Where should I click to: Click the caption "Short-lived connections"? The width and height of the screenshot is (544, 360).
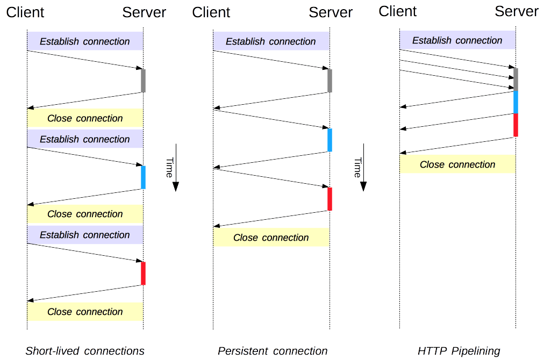click(x=85, y=351)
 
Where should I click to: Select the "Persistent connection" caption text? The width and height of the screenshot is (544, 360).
click(x=273, y=351)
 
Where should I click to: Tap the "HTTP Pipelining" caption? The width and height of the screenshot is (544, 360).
click(x=459, y=351)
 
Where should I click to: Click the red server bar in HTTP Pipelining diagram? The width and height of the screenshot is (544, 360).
click(x=516, y=125)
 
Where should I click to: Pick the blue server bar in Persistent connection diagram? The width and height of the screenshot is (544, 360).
click(x=330, y=140)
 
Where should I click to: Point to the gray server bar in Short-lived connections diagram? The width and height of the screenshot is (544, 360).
click(x=143, y=81)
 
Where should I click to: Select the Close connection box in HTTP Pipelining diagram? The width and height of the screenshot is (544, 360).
click(x=457, y=164)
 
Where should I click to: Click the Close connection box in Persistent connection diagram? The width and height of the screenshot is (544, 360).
click(x=271, y=237)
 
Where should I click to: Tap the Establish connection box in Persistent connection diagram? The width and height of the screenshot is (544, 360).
click(x=271, y=41)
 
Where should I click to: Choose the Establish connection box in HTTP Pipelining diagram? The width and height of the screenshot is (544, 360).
click(x=457, y=40)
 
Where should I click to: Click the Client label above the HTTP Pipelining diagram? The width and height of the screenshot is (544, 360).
click(x=398, y=11)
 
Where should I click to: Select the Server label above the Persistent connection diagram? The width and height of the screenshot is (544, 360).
click(x=331, y=12)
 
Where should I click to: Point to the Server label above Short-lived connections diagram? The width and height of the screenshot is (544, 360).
click(x=144, y=12)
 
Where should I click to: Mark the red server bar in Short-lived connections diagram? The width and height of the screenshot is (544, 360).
click(x=143, y=273)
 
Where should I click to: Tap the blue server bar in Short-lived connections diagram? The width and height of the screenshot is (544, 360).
click(x=143, y=177)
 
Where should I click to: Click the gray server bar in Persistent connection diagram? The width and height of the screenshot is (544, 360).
click(x=330, y=81)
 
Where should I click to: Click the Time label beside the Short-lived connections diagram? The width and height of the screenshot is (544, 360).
click(x=170, y=168)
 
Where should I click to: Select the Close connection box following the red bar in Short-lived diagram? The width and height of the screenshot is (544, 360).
click(x=85, y=312)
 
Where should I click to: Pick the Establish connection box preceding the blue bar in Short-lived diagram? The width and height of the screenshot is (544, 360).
click(x=85, y=139)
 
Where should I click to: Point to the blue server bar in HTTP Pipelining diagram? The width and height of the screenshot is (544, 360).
click(x=516, y=102)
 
